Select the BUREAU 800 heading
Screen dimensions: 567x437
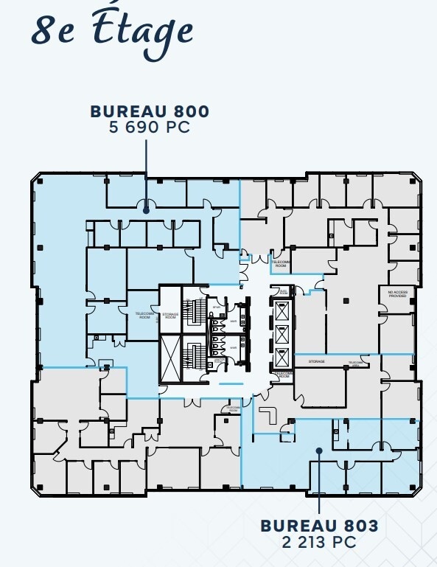(x=150, y=111)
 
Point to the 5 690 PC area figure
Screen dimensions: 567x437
(x=150, y=127)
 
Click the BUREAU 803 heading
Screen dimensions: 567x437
(x=319, y=526)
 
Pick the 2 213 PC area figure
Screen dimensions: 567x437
(x=319, y=542)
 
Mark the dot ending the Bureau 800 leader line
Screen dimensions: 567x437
(x=147, y=210)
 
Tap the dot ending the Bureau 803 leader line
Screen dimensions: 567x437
(x=319, y=451)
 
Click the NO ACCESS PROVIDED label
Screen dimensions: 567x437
(x=397, y=293)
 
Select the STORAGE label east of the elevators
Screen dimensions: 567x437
(x=317, y=362)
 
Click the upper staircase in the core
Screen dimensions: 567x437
(x=195, y=312)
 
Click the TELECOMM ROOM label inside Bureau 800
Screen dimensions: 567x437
(x=144, y=315)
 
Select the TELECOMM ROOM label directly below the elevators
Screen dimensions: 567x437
(x=282, y=375)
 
